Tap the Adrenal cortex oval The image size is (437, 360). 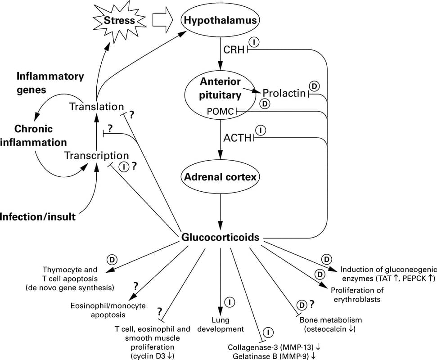[x=220, y=177]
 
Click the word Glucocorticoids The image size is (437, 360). [x=220, y=237]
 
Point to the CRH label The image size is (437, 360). [x=233, y=49]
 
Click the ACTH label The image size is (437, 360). [x=237, y=138]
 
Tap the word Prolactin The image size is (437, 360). [x=284, y=94]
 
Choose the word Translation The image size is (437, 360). [x=96, y=107]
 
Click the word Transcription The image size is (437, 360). [x=96, y=155]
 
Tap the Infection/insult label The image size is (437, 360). [x=37, y=217]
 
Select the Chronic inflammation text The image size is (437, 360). [x=33, y=135]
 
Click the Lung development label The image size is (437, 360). [x=221, y=324]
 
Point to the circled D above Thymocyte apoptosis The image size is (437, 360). [x=112, y=260]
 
